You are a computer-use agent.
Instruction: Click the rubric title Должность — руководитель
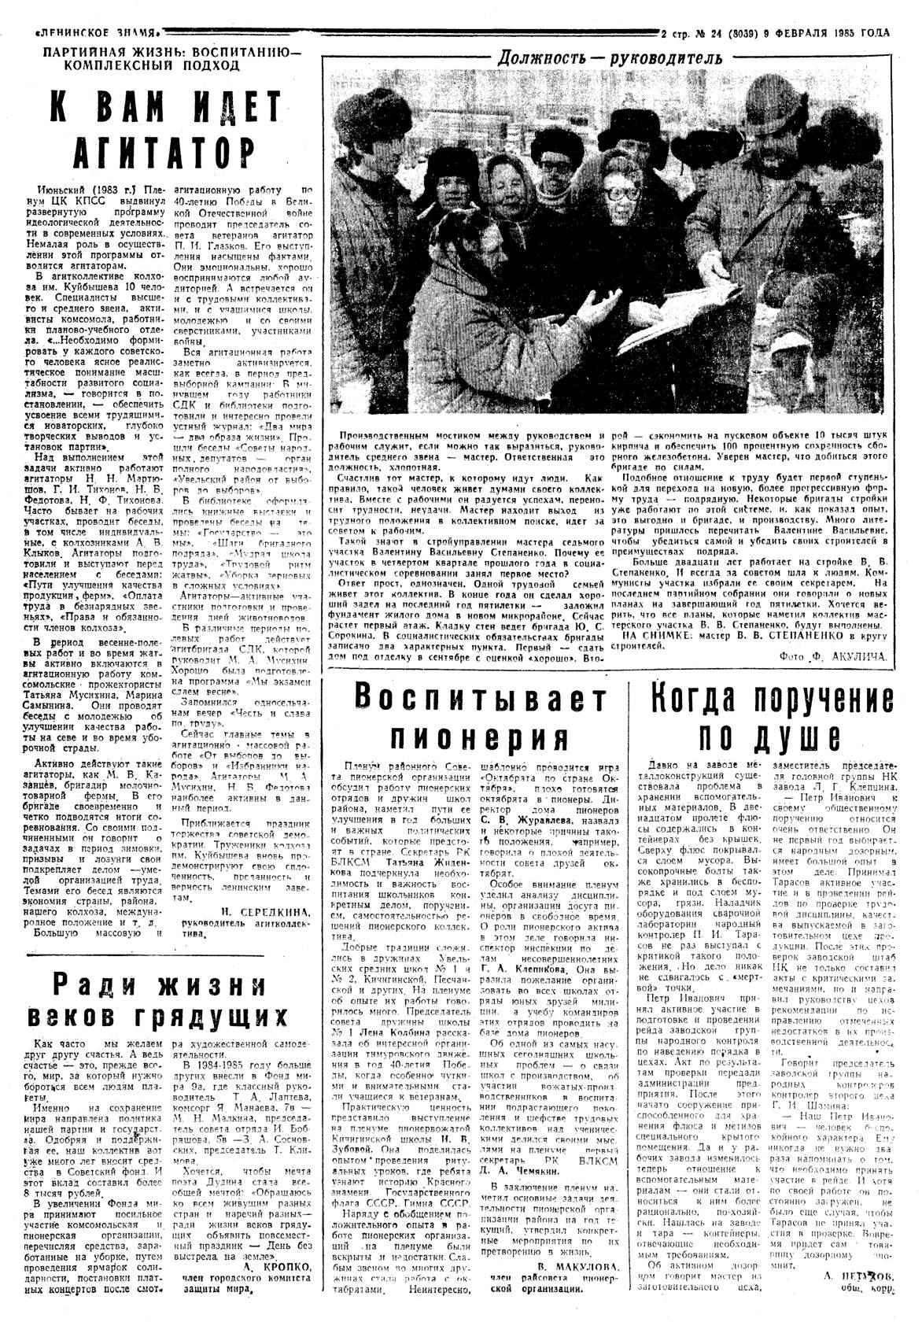pyautogui.click(x=609, y=57)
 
